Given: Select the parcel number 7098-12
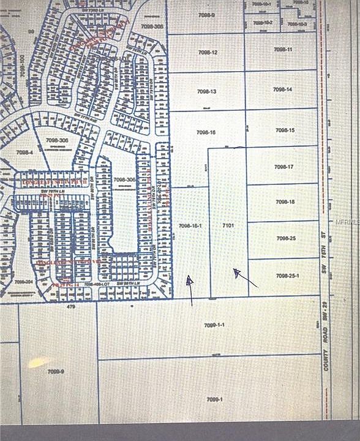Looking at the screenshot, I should tap(208, 53).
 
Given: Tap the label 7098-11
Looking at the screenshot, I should tap(283, 49).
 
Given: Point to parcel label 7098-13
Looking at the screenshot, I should tap(207, 91).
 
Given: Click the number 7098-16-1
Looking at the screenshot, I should tap(190, 226).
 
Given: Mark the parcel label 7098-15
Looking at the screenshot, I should tap(285, 130).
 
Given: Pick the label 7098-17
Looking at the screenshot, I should tap(285, 167).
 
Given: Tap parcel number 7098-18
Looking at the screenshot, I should tap(285, 202).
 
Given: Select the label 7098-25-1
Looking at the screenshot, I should tap(287, 276).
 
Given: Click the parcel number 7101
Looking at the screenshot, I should tap(228, 226).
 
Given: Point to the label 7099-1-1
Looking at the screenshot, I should tap(215, 325).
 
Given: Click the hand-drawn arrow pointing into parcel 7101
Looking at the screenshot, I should tap(246, 279).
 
